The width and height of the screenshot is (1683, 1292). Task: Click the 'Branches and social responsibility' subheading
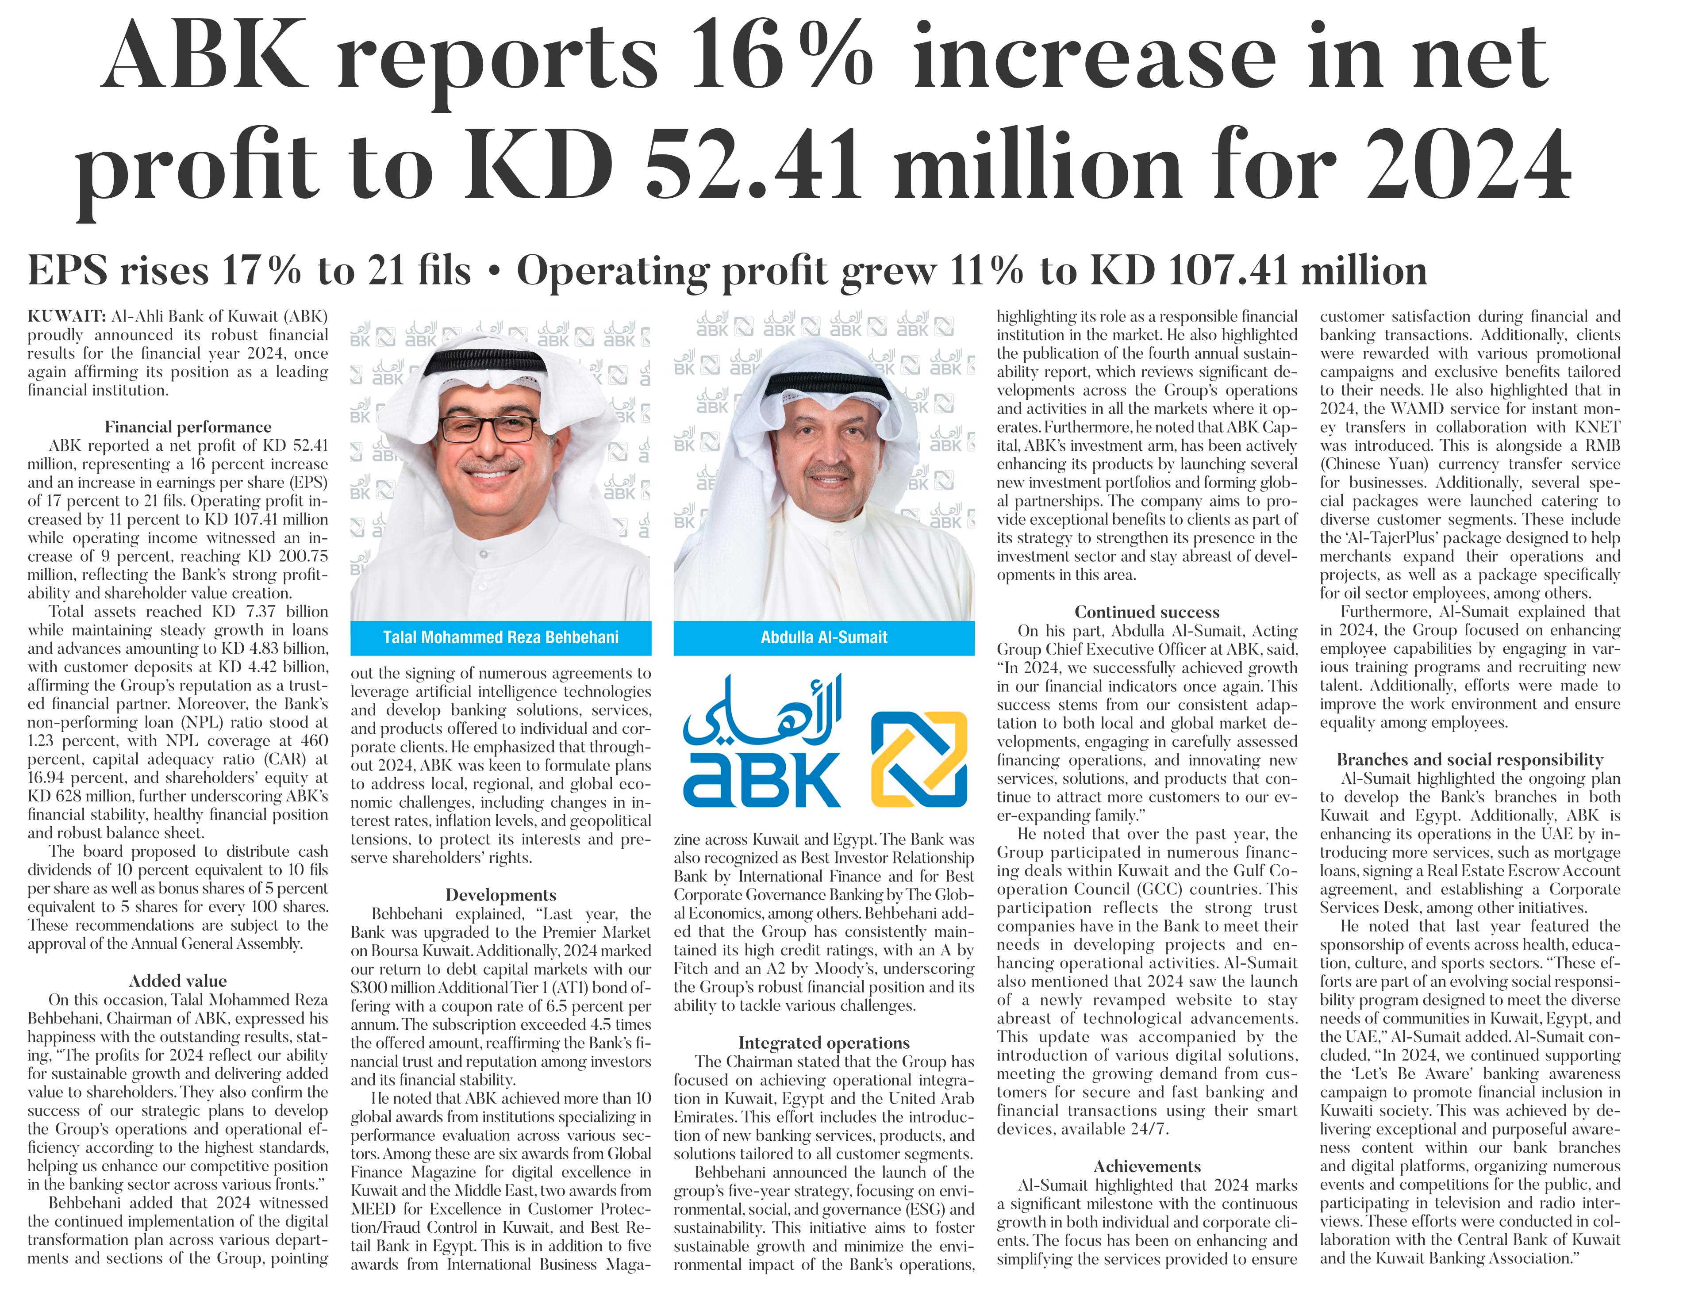pos(1470,760)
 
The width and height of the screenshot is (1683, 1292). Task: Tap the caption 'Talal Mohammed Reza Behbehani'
pos(501,637)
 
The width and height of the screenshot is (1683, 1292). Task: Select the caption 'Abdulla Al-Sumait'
pos(824,637)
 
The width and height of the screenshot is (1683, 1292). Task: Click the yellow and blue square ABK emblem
pos(918,754)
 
